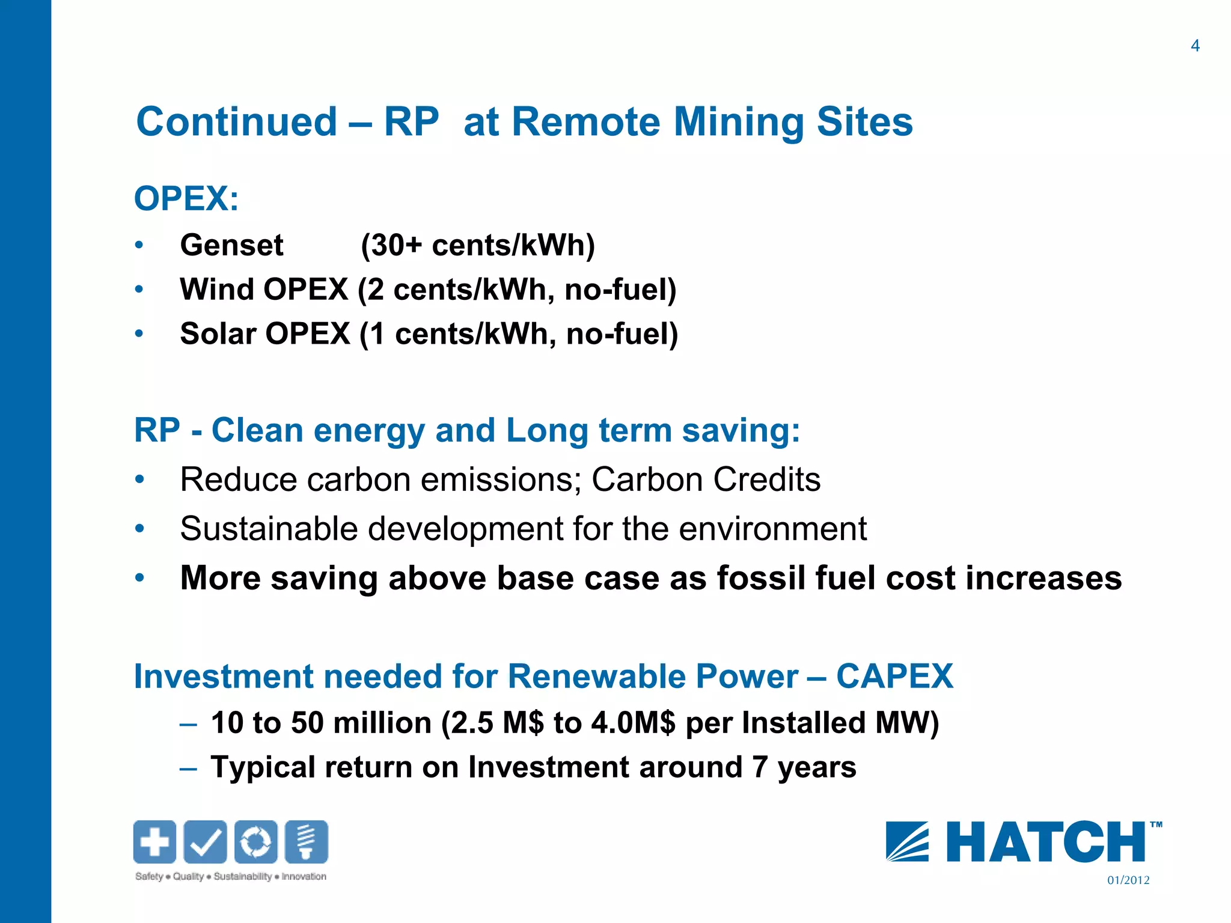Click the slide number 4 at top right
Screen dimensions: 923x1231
point(1195,46)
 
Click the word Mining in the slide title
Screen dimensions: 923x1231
point(738,123)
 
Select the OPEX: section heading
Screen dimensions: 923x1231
point(186,198)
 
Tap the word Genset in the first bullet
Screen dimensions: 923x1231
point(231,245)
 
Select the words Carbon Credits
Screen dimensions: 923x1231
point(706,480)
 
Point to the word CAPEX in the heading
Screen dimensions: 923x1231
point(894,677)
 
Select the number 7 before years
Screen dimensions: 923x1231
point(760,767)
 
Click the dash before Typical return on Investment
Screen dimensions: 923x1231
point(188,768)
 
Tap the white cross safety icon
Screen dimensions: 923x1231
point(154,842)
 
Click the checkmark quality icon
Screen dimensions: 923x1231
point(205,842)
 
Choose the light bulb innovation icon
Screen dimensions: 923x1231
point(306,842)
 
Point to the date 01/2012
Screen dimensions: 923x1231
point(1128,880)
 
